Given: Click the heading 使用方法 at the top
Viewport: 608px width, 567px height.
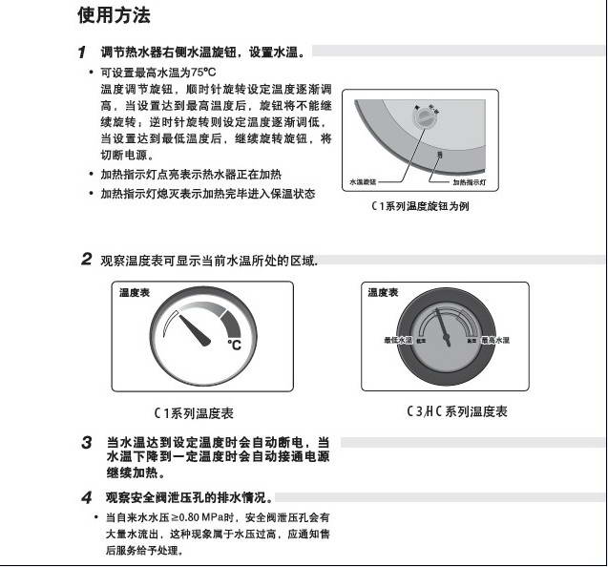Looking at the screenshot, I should (113, 16).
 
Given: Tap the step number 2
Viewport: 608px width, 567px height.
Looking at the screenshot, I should (85, 259).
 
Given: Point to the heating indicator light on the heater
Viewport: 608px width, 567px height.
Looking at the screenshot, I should (438, 156).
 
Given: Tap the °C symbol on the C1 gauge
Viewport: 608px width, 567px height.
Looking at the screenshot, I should (234, 345).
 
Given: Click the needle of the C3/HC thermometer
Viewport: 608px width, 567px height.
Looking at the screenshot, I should (441, 325).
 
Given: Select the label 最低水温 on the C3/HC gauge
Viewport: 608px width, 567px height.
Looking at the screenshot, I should (397, 340).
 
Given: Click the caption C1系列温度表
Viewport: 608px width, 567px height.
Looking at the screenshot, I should (195, 413).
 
